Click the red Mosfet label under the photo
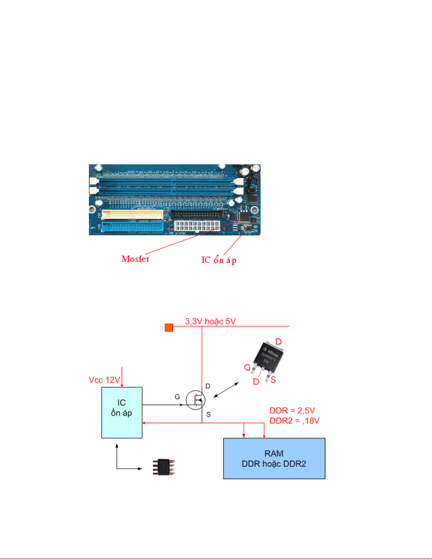135,259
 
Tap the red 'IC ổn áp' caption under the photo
219,260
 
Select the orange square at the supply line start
169,328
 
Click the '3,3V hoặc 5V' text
211,321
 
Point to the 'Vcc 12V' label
104,380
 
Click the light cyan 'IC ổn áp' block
122,413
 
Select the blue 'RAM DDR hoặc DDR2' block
274,458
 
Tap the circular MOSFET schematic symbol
195,400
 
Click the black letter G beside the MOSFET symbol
177,397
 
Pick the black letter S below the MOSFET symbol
208,414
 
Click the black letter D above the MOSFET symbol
208,386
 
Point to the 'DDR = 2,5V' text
292,411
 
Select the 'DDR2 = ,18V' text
294,421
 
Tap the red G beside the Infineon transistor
247,368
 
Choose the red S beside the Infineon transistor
273,380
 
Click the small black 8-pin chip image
163,467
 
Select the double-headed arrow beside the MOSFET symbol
226,390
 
